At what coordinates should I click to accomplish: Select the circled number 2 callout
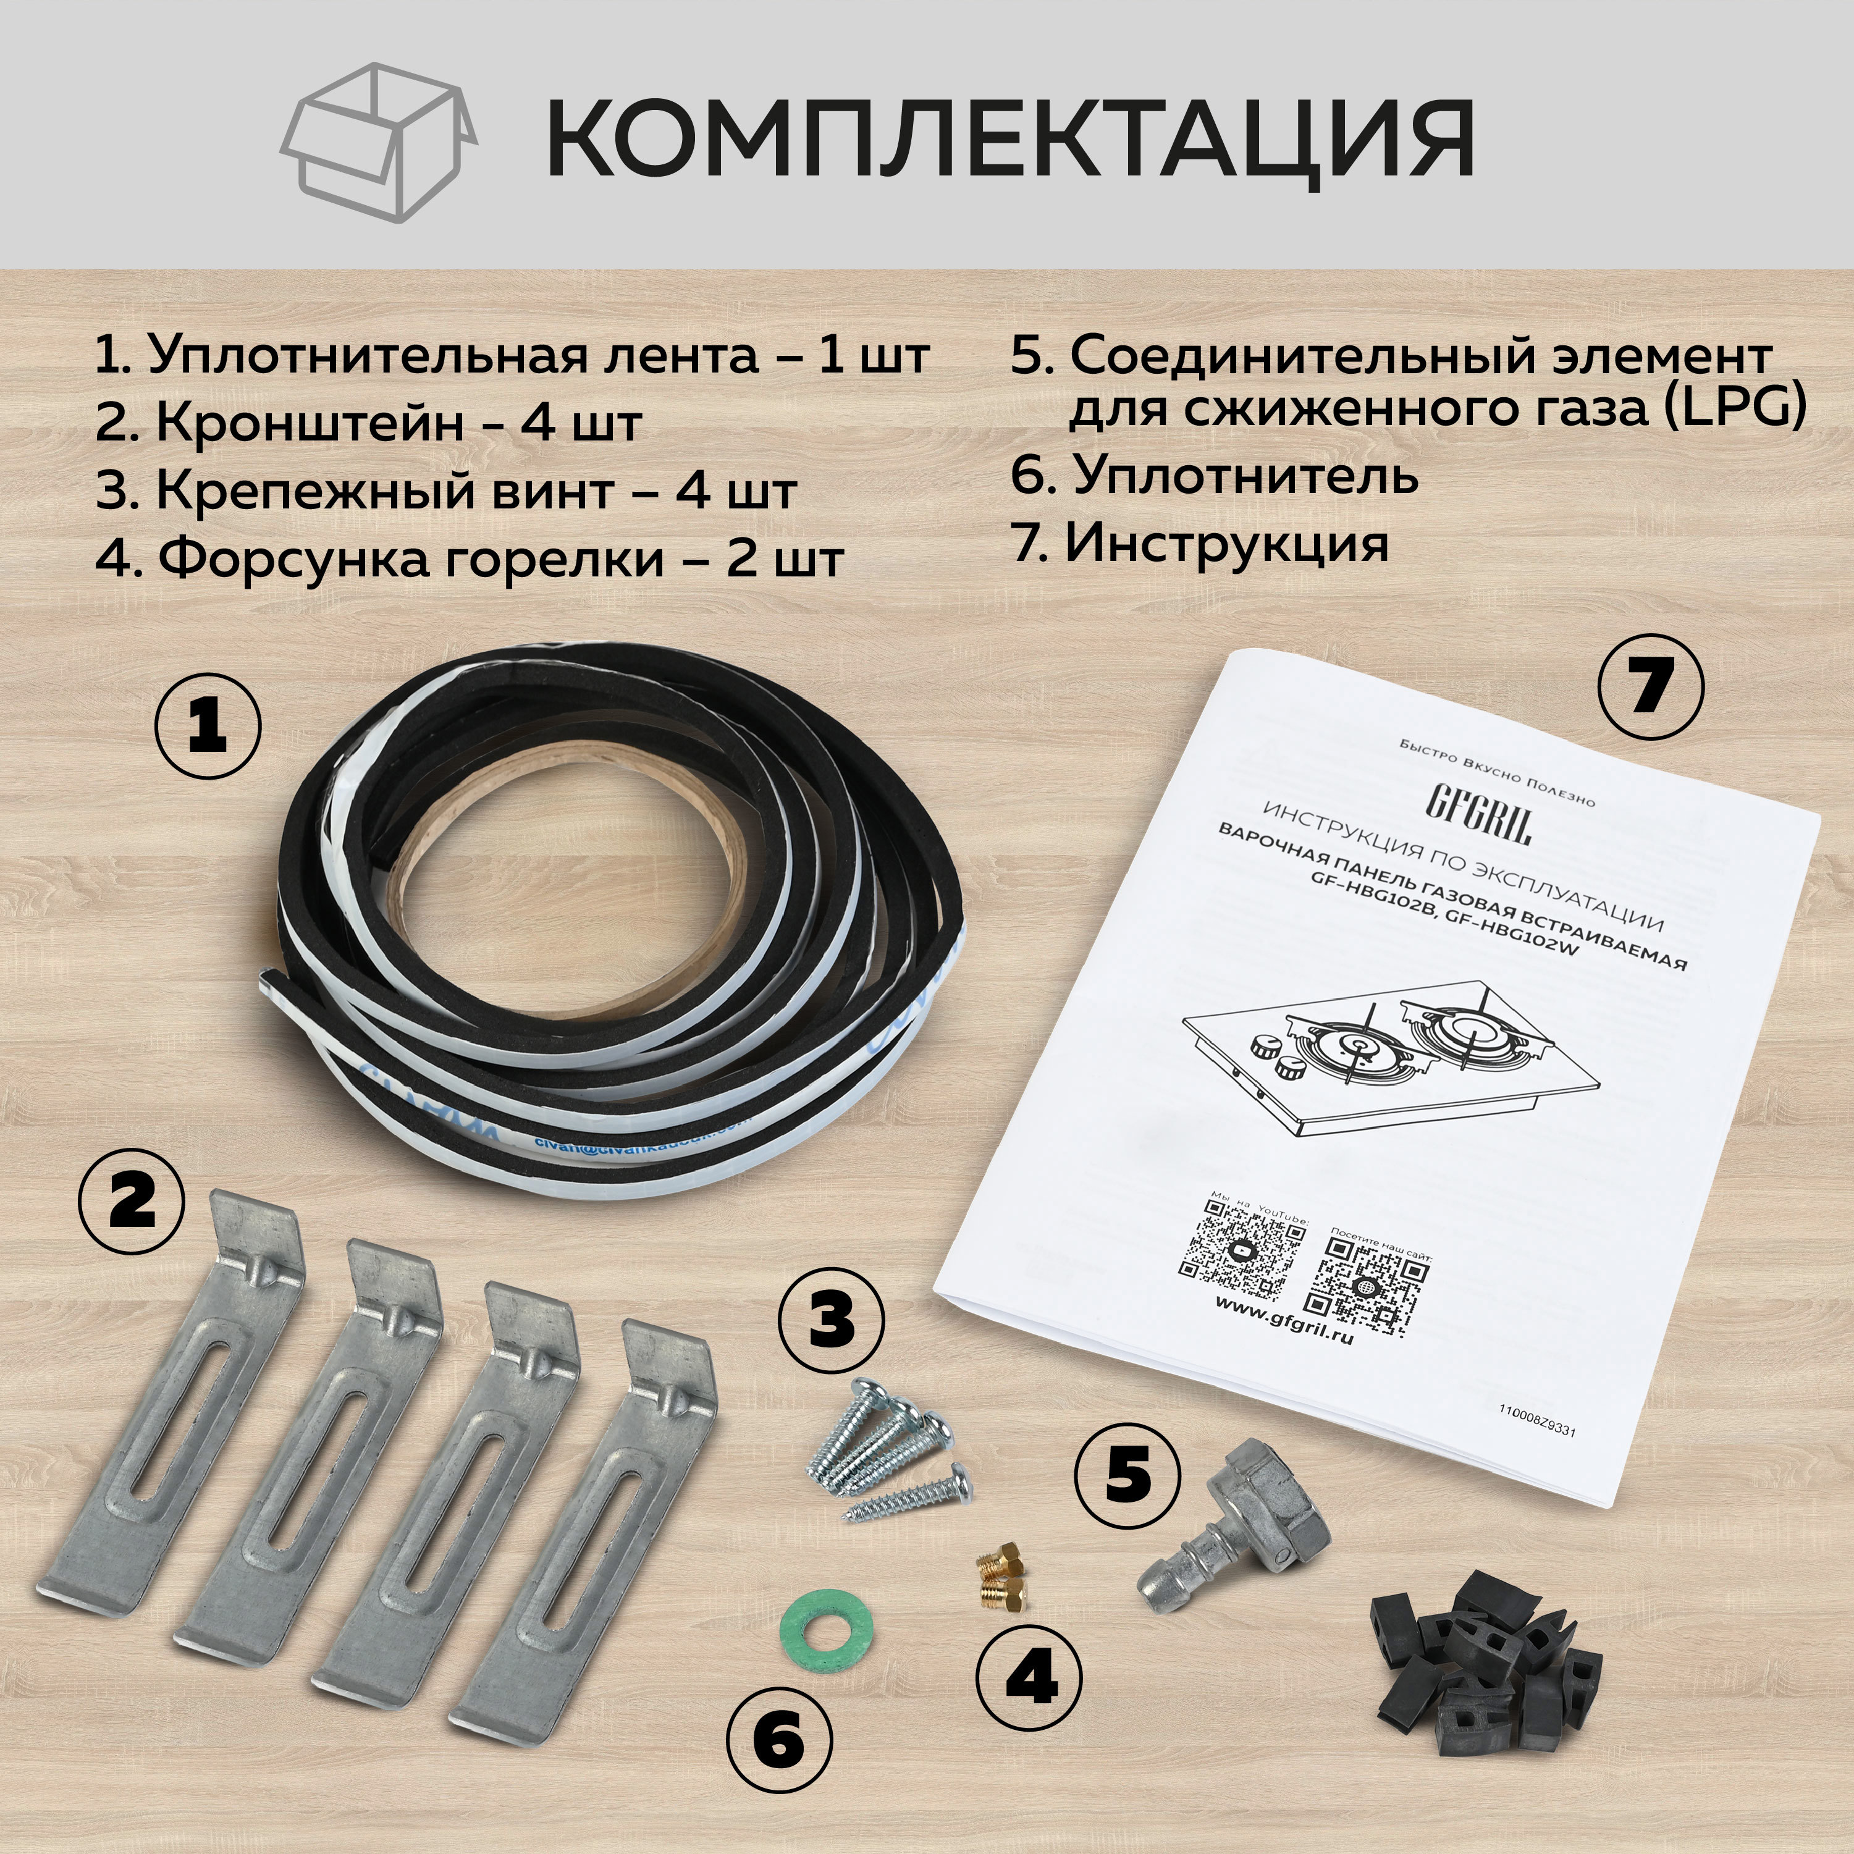pos(132,1202)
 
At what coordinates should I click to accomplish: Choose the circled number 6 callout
pos(779,1740)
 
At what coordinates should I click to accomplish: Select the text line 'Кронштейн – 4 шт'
pos(368,423)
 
